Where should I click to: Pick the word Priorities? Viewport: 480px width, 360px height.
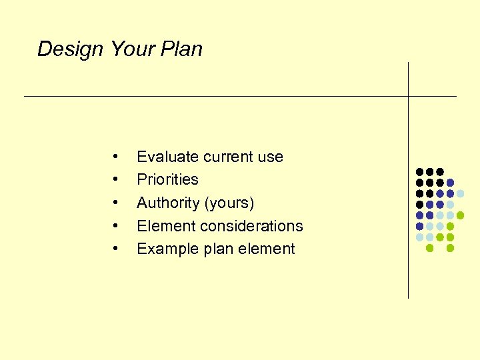(x=167, y=179)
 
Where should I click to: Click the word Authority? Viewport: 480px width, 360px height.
(x=167, y=203)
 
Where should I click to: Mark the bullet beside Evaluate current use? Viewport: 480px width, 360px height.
(x=116, y=157)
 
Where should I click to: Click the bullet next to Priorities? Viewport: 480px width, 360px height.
(x=116, y=179)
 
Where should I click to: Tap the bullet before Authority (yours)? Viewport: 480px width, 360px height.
(x=116, y=203)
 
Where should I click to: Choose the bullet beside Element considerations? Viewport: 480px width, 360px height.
(x=116, y=226)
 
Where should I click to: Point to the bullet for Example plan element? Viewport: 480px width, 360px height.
(x=116, y=249)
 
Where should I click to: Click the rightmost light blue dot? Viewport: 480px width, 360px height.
(x=461, y=193)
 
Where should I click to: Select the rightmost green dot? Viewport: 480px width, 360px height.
(x=461, y=215)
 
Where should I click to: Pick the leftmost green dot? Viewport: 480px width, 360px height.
(x=429, y=248)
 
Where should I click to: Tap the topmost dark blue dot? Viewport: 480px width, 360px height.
(x=451, y=183)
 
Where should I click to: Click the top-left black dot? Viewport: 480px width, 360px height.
(x=419, y=172)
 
